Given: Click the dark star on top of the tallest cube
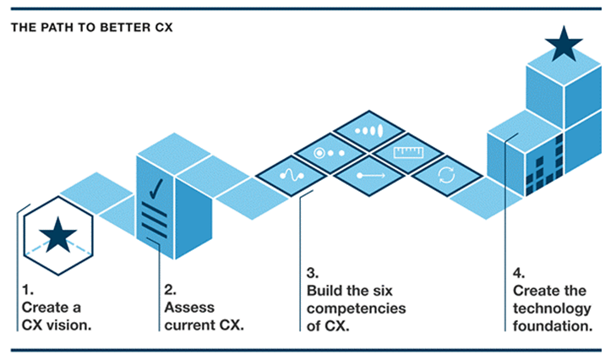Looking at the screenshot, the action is [x=564, y=45].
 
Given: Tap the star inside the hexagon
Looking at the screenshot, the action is [x=57, y=235].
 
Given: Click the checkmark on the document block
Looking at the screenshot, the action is [x=155, y=188].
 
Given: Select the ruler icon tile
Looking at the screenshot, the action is [x=408, y=153].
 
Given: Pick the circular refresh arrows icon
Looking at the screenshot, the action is [x=446, y=175].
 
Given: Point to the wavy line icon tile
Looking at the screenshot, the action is [x=292, y=176].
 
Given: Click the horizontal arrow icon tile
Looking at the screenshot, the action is [x=370, y=176].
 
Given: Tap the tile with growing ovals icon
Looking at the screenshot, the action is [x=369, y=130].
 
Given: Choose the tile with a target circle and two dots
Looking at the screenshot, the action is [x=330, y=153].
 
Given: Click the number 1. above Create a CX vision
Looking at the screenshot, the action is [x=28, y=290].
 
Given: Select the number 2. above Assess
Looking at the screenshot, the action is [x=170, y=290].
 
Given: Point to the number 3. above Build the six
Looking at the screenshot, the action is [x=313, y=273].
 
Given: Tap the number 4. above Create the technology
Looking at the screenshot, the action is [x=519, y=273].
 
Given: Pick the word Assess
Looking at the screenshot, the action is [x=189, y=308].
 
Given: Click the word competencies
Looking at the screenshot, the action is [x=356, y=308].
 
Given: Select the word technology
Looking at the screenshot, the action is [x=552, y=308].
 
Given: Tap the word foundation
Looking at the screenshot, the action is [x=553, y=325].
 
